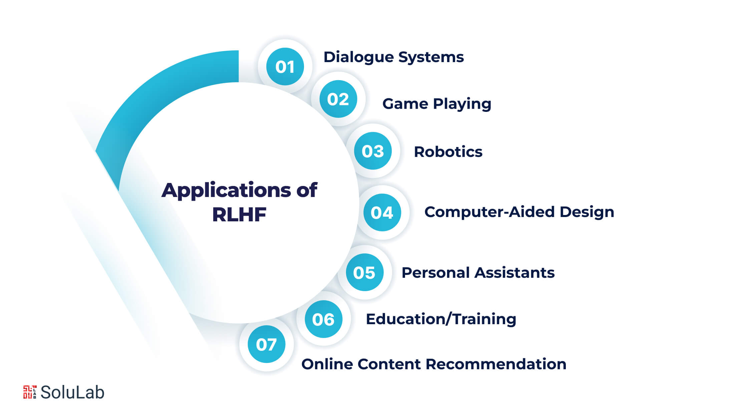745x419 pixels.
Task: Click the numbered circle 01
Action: coord(285,66)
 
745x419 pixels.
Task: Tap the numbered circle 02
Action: coord(338,99)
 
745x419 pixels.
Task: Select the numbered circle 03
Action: coord(373,151)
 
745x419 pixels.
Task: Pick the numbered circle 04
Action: coord(382,212)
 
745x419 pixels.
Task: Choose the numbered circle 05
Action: coord(364,272)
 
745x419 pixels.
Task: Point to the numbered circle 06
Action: coord(323,319)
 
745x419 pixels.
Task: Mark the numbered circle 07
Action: coord(266,344)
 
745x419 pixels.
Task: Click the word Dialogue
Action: coord(358,57)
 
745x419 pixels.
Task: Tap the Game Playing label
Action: coord(436,104)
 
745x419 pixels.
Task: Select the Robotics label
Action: coord(448,152)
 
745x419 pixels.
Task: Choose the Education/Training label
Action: coord(441,319)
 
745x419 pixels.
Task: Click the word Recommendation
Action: coord(496,364)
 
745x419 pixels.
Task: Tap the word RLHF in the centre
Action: coord(239,214)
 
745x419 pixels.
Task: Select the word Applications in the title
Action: coord(226,191)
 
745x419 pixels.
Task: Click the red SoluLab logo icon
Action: coord(30,392)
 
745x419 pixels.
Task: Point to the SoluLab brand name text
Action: coord(72,392)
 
